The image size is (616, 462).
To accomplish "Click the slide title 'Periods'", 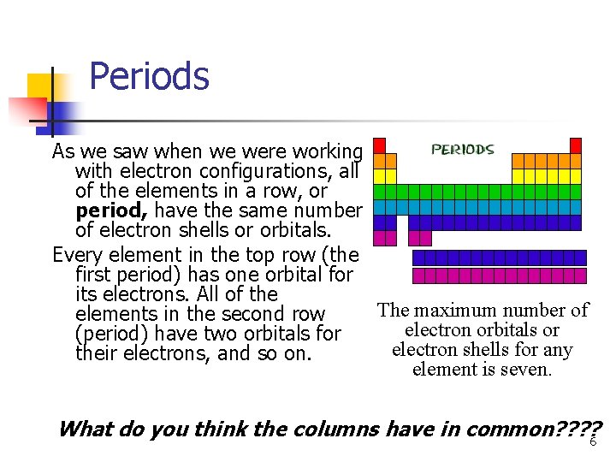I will (x=149, y=76).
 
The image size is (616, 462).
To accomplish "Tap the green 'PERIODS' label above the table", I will (x=462, y=149).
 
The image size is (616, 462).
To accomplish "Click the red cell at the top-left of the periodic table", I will (x=379, y=145).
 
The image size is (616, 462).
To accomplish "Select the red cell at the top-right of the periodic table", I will (x=576, y=145).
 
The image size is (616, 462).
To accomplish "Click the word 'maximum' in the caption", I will (x=471, y=311).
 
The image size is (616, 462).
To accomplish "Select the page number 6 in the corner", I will (x=592, y=441).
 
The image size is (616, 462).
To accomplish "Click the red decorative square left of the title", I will (x=26, y=112).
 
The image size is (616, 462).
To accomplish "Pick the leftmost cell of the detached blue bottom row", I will (x=418, y=258).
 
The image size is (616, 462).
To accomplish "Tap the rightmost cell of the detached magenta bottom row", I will (x=581, y=275).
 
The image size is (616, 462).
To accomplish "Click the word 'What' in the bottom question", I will (x=83, y=429).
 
